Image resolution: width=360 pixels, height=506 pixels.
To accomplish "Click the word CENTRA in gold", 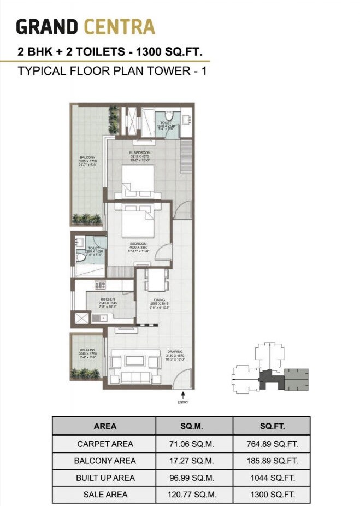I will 119,27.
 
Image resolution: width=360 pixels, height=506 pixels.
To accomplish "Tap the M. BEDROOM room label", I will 140,152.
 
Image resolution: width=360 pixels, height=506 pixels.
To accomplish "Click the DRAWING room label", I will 175,351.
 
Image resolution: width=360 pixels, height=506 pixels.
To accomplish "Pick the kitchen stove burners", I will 100,285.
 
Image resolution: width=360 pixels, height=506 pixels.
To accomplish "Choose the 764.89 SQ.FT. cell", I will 271,444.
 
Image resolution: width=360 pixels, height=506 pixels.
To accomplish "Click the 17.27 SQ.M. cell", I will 194,461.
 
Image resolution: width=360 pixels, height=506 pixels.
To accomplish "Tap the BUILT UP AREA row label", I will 105,478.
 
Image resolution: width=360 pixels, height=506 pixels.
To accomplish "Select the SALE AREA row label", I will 105,495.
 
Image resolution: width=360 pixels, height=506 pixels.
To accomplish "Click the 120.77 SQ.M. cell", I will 194,495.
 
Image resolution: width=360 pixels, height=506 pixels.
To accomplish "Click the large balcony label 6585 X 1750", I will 87,161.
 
